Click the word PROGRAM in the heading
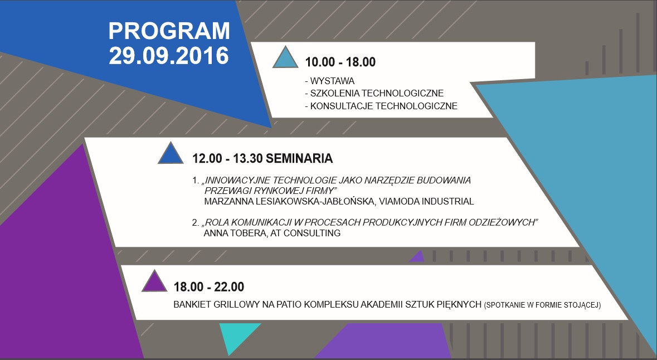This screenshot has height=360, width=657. [x=169, y=31]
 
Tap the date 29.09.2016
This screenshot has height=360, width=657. [x=169, y=56]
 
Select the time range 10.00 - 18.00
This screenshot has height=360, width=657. [x=340, y=62]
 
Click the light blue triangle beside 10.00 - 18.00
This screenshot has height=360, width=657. [x=285, y=57]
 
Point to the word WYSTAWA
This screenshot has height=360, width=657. [x=332, y=81]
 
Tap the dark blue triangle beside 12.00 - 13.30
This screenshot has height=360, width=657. [x=171, y=153]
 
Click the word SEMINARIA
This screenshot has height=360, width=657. [x=299, y=158]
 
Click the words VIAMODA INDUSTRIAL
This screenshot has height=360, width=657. [x=426, y=202]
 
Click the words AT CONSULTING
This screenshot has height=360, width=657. [x=305, y=233]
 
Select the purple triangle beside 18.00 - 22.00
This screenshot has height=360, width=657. [x=154, y=281]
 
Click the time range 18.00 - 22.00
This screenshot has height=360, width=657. [x=208, y=287]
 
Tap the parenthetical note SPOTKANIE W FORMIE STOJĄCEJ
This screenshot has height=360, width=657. [x=542, y=305]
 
